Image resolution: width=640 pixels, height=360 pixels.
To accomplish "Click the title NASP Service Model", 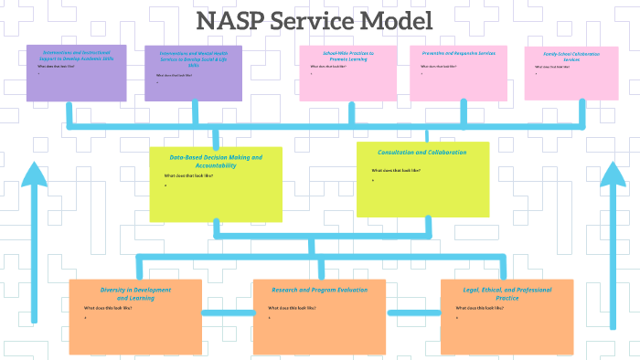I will tap(315, 21).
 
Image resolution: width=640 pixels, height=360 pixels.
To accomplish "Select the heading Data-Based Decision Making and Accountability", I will tap(216, 161).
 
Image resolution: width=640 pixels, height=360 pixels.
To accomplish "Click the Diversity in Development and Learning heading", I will tap(135, 293).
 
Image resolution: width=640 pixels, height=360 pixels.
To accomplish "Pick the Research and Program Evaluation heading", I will tap(320, 290).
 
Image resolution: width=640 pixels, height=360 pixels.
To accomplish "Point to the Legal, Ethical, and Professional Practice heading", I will tap(507, 293).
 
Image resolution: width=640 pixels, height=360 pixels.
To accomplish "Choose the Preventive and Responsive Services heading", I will tap(458, 54).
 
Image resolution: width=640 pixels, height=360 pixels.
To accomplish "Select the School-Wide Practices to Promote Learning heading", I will tap(347, 57).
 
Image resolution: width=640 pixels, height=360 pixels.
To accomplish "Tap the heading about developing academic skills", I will tap(77, 55).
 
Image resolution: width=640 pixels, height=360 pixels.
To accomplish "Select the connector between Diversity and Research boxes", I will tap(227, 313).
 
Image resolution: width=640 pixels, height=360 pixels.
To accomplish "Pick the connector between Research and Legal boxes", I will tap(413, 313).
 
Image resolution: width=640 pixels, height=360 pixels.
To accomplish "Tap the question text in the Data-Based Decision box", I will tap(188, 176).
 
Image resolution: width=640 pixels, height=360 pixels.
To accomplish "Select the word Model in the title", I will tap(394, 21).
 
